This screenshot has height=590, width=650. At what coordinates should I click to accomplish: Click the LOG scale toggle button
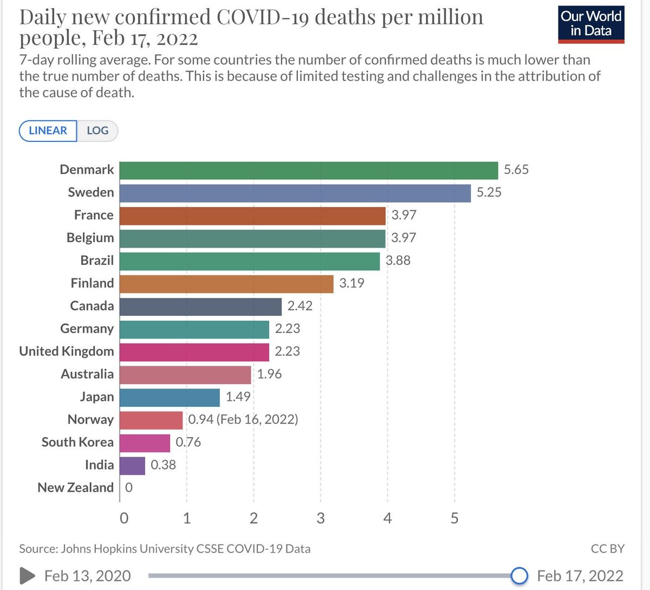pos(97,131)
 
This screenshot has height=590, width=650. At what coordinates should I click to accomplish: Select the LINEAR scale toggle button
pos(48,131)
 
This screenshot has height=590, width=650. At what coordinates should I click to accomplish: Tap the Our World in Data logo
pos(591,24)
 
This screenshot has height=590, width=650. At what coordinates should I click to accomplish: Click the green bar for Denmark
pos(308,170)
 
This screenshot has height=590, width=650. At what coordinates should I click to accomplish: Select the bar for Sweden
pos(295,193)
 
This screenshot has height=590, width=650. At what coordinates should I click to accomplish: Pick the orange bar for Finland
pos(226,283)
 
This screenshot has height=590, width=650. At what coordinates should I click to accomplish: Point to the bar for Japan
pos(170,397)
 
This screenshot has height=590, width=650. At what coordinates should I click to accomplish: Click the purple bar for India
pos(132,465)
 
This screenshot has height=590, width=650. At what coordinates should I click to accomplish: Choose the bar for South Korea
pos(145,443)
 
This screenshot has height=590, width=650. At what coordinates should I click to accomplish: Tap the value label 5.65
pos(516,170)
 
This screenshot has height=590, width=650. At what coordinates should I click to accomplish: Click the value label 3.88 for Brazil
pos(398,261)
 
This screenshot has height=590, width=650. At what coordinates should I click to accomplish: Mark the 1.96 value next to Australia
pos(269,374)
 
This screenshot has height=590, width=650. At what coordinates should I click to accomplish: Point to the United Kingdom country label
pos(67,352)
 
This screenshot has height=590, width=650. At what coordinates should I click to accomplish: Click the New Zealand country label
pos(76,488)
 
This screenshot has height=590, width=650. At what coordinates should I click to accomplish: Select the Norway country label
pos(90,420)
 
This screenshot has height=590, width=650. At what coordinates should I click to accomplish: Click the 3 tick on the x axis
pos(321,518)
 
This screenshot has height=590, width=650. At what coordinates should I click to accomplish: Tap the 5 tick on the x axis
pos(454,518)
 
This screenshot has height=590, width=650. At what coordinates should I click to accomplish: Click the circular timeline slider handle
pos(519,575)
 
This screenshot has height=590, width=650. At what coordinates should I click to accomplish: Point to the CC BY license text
pos(607,549)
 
